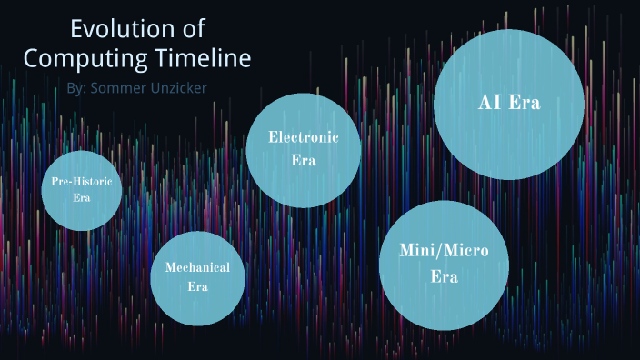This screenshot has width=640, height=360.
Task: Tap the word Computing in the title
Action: pos(79,58)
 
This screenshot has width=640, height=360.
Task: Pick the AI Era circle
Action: pos(508,102)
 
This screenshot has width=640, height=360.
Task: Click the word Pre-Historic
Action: pos(82,182)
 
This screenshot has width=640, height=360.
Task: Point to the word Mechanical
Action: pos(197,267)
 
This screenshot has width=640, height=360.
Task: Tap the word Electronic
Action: pos(304,137)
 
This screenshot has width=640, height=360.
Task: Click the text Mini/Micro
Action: pos(443,250)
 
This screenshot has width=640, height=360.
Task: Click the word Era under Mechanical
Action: pos(197,286)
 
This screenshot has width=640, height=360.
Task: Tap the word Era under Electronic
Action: pos(304,161)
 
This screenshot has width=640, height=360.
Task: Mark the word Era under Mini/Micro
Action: pos(443,276)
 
